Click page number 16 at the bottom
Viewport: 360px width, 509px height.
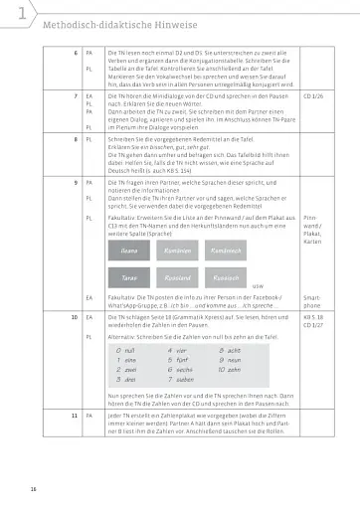coord(33,488)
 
